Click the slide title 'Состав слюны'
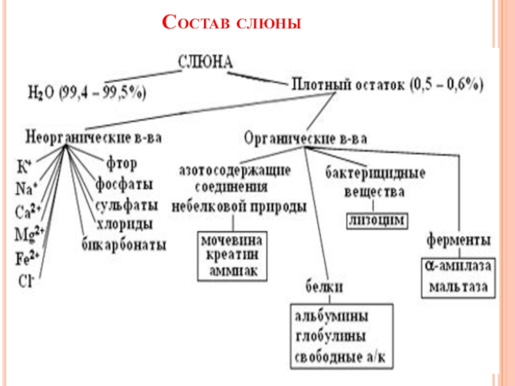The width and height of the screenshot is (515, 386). [x=232, y=24]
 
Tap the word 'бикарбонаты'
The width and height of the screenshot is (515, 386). [x=124, y=244]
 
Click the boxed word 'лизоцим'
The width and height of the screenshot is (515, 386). [x=377, y=220]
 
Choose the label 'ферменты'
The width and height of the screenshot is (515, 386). [x=458, y=240]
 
